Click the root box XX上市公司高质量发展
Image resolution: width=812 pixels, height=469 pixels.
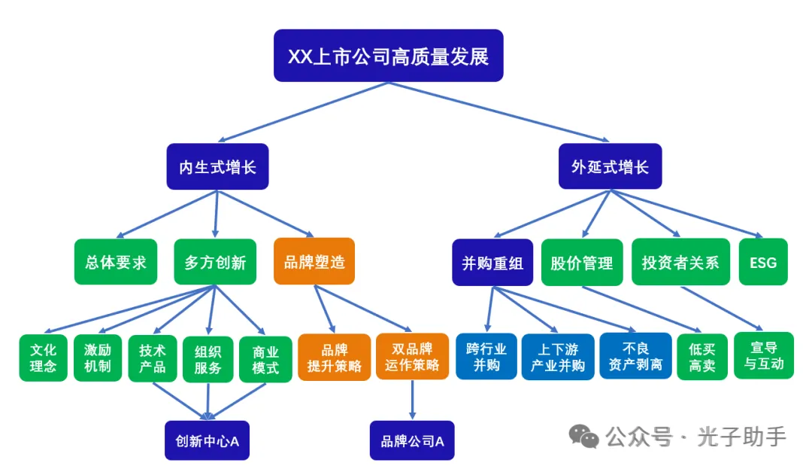388,56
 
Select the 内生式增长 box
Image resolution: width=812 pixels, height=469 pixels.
217,166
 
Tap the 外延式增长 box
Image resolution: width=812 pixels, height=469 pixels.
610,166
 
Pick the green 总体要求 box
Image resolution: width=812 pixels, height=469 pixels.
116,262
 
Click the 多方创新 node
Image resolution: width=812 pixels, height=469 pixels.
215,262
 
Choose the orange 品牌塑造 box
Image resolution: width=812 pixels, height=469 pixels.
314,262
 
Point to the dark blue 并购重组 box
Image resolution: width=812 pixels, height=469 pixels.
492,263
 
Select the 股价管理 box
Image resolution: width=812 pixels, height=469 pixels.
582,263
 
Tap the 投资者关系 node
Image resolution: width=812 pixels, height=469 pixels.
680,263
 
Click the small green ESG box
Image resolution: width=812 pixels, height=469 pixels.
763,263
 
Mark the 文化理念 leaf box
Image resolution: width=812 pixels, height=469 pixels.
44,358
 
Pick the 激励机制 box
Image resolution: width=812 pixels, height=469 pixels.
98,358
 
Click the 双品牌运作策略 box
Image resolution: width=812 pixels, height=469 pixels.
412,358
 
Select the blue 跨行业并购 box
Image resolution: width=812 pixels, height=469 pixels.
486,357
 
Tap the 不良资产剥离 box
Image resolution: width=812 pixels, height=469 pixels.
635,357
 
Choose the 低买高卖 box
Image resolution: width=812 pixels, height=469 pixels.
702,358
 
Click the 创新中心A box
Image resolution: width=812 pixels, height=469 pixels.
207,440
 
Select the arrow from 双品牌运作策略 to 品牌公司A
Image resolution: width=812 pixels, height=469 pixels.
412,400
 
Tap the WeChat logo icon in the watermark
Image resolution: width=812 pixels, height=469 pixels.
583,435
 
